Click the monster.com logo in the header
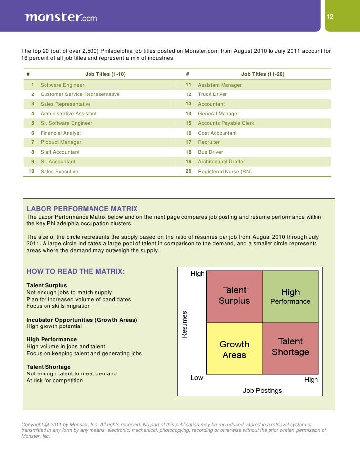(60, 17)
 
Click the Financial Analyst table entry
(60, 133)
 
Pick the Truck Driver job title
(213, 94)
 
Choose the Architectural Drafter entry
(221, 162)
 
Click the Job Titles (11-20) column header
(263, 74)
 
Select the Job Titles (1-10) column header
(105, 74)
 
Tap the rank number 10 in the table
(31, 171)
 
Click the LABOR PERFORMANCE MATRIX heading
(82, 209)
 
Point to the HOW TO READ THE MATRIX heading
(75, 272)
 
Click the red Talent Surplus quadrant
(234, 295)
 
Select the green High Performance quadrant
(290, 296)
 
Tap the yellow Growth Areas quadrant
(234, 349)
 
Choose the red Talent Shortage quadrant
(290, 347)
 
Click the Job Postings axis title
(262, 390)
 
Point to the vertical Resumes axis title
(185, 324)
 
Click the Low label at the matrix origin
(197, 378)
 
